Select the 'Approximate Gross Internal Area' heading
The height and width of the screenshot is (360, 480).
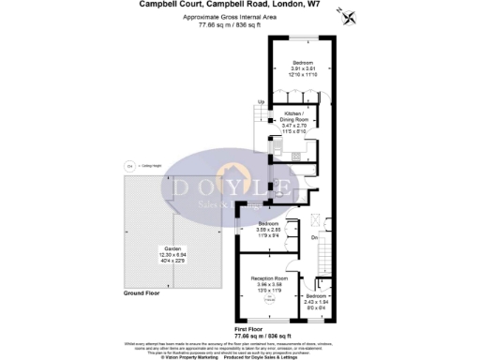tap(239, 18)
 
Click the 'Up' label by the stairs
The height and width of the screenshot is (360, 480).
tap(261, 101)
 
